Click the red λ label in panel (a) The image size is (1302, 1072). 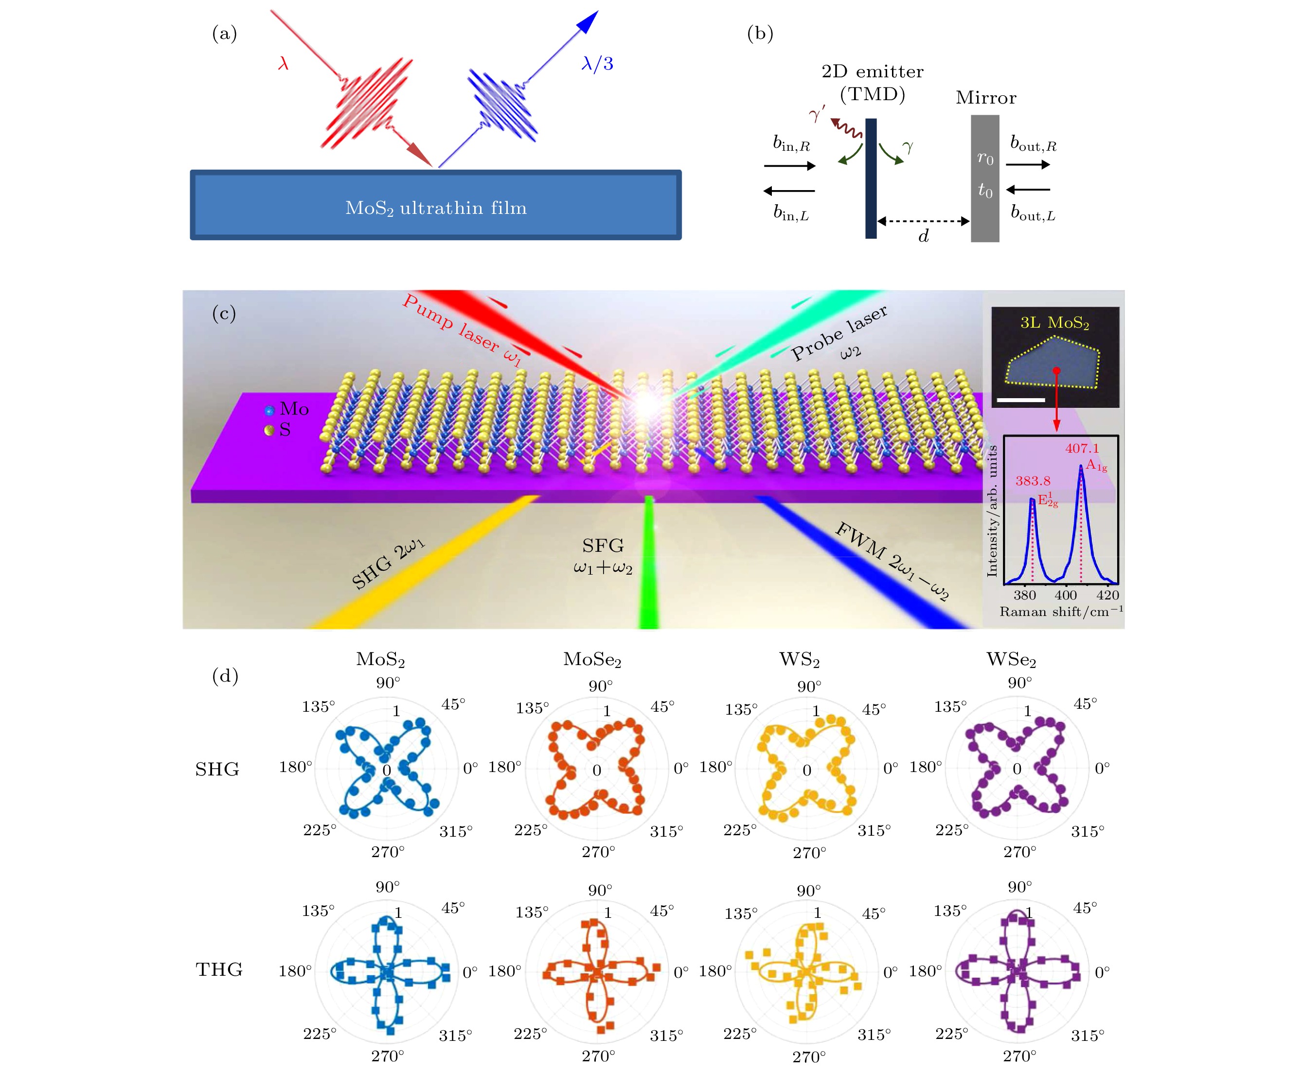(284, 63)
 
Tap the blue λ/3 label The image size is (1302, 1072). (597, 64)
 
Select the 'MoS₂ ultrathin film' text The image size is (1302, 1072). (436, 208)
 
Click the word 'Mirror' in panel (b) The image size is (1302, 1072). (986, 98)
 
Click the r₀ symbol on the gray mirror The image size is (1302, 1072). (985, 158)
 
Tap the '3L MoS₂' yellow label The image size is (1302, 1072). (1054, 323)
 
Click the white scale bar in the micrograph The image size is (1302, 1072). (1020, 400)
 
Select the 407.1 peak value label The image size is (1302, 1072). (1082, 448)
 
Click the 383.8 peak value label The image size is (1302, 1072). (1033, 480)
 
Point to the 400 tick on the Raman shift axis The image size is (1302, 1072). (1066, 595)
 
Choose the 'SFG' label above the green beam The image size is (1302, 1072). (603, 546)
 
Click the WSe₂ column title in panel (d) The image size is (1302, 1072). (1011, 660)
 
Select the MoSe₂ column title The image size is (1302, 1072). (592, 660)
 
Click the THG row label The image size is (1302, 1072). (219, 969)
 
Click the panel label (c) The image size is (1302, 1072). (224, 314)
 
